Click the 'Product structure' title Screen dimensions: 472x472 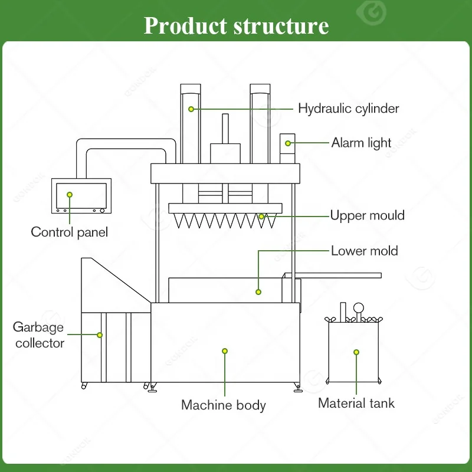pyautogui.click(x=237, y=25)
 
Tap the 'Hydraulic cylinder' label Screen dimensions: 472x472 pyautogui.click(x=348, y=109)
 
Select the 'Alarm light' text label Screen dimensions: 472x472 pyautogui.click(x=361, y=143)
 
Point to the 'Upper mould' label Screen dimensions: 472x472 pyautogui.click(x=367, y=215)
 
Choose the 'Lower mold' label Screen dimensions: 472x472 pyautogui.click(x=364, y=251)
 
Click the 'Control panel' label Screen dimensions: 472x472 pyautogui.click(x=69, y=232)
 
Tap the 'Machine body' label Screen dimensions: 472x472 pyautogui.click(x=224, y=405)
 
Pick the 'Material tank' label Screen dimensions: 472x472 pyautogui.click(x=356, y=403)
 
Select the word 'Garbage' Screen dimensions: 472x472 pyautogui.click(x=38, y=327)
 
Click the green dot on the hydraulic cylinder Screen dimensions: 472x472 pyautogui.click(x=191, y=109)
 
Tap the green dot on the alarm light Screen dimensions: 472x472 pyautogui.click(x=288, y=143)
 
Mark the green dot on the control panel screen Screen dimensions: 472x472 pyautogui.click(x=70, y=195)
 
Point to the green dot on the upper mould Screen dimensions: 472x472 pyautogui.click(x=261, y=217)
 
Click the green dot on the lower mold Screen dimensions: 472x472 pyautogui.click(x=258, y=292)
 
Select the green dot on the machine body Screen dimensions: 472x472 pyautogui.click(x=225, y=351)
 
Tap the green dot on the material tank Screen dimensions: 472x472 pyautogui.click(x=356, y=352)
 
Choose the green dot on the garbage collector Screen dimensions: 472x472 pyautogui.click(x=100, y=335)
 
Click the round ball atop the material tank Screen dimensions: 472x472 pyautogui.click(x=359, y=308)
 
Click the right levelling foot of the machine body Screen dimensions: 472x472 pyautogui.click(x=298, y=388)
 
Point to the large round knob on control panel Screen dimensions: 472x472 pyautogui.click(x=102, y=211)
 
